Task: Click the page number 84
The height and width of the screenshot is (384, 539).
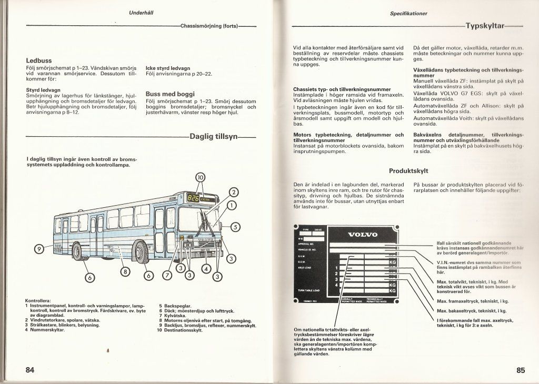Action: (x=30, y=370)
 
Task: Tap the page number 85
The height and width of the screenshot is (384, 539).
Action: (x=521, y=370)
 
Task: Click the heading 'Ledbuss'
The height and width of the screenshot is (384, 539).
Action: (x=38, y=60)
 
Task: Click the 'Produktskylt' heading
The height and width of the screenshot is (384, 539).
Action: (x=408, y=171)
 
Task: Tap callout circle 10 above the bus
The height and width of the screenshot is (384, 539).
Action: (x=201, y=178)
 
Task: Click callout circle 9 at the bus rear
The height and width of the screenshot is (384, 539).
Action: (x=38, y=249)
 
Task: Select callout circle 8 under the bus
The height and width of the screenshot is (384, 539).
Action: (x=125, y=271)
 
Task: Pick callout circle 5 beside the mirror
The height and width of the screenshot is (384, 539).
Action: (x=235, y=227)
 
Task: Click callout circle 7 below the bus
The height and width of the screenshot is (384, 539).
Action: (x=167, y=275)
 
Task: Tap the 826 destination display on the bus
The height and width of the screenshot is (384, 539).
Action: (x=193, y=198)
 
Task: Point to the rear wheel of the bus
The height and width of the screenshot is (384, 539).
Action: (x=77, y=252)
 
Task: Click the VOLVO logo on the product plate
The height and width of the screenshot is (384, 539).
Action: (x=363, y=235)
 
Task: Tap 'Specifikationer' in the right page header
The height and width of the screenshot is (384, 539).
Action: (x=408, y=13)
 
